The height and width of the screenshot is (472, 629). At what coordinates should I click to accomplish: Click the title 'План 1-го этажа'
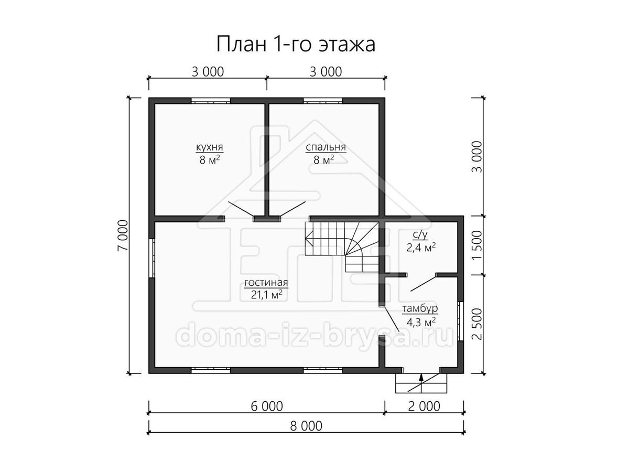[296, 45]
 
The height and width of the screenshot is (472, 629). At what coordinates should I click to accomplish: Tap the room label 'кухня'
[210, 147]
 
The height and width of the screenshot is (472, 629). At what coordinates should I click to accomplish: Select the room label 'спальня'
[326, 147]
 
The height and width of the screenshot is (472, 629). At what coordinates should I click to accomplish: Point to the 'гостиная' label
[266, 283]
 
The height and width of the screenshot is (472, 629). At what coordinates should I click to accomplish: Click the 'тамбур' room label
[420, 309]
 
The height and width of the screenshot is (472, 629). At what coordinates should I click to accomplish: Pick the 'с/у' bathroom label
[420, 235]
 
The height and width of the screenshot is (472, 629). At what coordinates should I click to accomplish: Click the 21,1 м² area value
[266, 295]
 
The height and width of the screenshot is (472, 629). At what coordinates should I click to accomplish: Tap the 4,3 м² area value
[421, 322]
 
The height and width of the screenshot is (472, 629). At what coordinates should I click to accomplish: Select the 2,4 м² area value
[421, 248]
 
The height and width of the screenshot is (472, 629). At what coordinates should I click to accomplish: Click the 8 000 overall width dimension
[306, 426]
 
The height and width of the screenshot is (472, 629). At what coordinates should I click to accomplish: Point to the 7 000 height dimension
[123, 235]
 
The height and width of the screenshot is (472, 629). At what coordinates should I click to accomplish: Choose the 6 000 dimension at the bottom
[267, 406]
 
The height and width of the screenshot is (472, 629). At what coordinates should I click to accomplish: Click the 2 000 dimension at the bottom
[424, 406]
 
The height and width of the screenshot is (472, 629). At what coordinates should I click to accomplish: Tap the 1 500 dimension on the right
[477, 245]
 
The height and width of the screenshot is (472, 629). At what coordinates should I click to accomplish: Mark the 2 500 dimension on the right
[477, 324]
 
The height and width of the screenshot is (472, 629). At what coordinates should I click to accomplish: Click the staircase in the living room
[342, 246]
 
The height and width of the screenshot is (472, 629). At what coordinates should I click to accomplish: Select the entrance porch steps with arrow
[421, 383]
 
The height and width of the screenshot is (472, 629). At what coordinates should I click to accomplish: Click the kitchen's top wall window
[211, 101]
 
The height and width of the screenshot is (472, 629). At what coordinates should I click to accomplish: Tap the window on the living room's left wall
[151, 258]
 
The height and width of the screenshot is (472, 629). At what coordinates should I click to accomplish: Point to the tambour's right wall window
[460, 321]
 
